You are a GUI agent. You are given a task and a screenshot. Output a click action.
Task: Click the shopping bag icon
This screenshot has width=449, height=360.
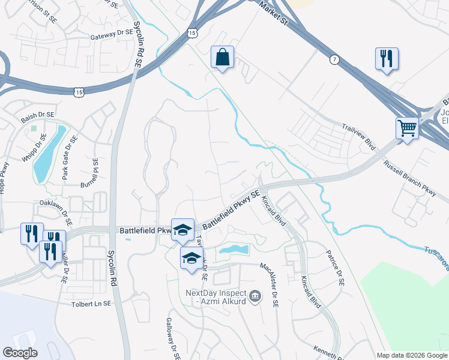(222, 58)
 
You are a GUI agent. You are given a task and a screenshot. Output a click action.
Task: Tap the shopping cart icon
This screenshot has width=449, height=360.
(407, 128)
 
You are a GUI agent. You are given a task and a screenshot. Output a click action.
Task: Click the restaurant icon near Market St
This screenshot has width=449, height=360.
(386, 59)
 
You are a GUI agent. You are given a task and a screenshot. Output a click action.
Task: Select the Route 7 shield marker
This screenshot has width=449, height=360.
(334, 59)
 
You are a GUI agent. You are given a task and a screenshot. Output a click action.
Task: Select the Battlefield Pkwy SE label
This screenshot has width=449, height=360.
(231, 209)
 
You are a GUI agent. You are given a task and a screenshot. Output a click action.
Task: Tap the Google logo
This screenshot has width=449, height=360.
(20, 353)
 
